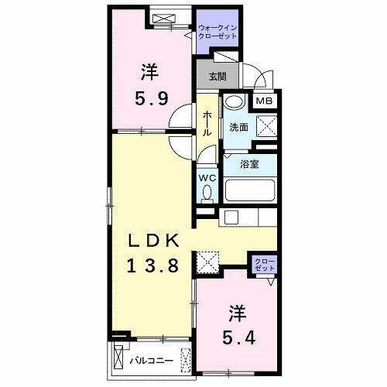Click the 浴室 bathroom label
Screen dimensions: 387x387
coord(248,164)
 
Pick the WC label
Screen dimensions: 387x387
coord(207,176)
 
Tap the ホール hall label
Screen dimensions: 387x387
coord(207,122)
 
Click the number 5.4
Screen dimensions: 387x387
coord(236,338)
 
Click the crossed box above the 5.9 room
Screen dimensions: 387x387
coord(166,18)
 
